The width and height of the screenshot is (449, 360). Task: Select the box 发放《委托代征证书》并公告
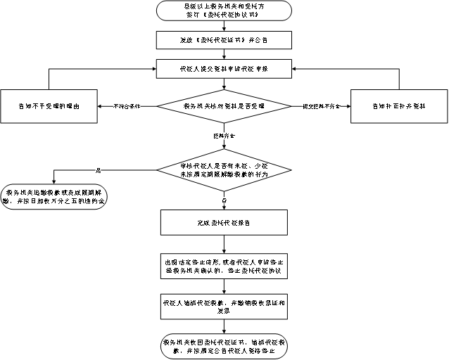coord(224,40)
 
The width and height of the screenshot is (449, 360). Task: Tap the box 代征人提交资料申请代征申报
coord(224,69)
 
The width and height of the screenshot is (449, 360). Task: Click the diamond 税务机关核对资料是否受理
coord(224,105)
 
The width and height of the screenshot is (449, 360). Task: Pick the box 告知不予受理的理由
coord(49,105)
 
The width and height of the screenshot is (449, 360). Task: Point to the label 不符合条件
coord(127,105)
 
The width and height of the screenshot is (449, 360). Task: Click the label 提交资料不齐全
coord(321,105)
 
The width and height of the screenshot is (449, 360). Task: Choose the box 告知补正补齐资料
coord(398,105)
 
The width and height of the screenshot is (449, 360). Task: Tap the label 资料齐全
coord(224,134)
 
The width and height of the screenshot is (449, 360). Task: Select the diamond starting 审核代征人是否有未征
coord(224,169)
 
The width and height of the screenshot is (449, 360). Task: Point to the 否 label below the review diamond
coord(224,200)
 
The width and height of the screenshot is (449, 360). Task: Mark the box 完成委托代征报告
coord(224,222)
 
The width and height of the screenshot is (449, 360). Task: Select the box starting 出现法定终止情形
coord(224,265)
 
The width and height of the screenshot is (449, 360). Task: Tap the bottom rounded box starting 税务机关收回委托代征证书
coord(224,345)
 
